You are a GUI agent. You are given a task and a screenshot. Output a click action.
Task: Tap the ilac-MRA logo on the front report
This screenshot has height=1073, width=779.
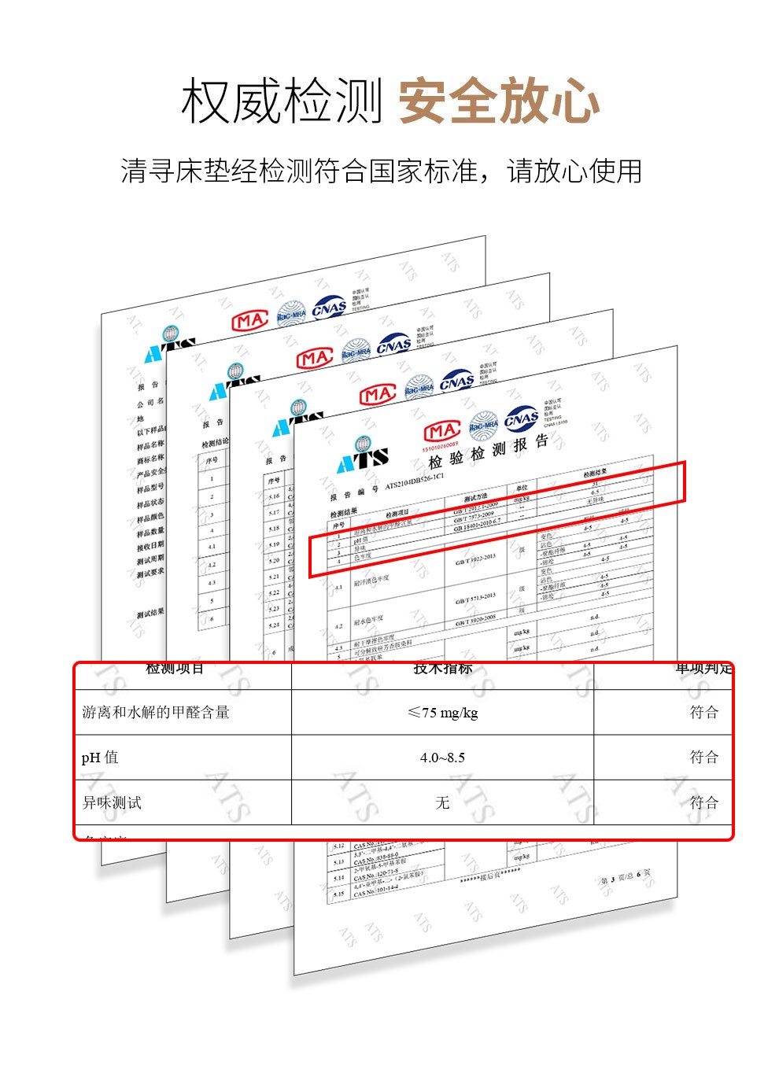(x=484, y=425)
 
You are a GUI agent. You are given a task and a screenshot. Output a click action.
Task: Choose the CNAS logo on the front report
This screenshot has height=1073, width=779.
(x=522, y=419)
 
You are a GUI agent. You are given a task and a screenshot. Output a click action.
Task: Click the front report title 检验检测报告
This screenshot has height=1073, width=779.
(x=488, y=452)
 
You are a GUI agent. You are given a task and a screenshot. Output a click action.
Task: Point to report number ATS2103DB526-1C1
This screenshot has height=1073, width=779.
(x=415, y=481)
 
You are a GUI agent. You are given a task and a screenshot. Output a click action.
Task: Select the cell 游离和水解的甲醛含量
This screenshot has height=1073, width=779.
(x=156, y=713)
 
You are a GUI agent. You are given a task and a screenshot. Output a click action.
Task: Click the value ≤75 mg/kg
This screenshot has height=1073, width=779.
(x=442, y=713)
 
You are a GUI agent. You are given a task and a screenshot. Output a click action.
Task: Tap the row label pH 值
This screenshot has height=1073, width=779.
(x=100, y=758)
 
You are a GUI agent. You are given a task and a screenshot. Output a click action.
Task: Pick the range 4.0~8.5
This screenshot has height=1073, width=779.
(x=442, y=758)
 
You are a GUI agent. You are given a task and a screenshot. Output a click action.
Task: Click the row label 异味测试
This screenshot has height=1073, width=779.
(x=112, y=802)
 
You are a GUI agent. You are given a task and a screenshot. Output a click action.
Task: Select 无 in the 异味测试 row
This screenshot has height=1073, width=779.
(x=442, y=802)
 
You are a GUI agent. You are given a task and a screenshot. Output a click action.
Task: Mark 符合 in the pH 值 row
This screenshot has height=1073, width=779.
(x=704, y=758)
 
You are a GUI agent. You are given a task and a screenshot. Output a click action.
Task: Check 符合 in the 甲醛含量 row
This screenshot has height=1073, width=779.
(x=704, y=713)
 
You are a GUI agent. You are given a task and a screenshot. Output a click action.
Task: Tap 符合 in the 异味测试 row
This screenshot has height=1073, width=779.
(x=704, y=802)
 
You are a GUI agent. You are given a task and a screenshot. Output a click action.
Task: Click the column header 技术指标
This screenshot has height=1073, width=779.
(x=442, y=669)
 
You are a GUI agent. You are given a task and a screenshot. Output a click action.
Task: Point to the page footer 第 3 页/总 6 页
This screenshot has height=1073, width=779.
(x=625, y=877)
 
